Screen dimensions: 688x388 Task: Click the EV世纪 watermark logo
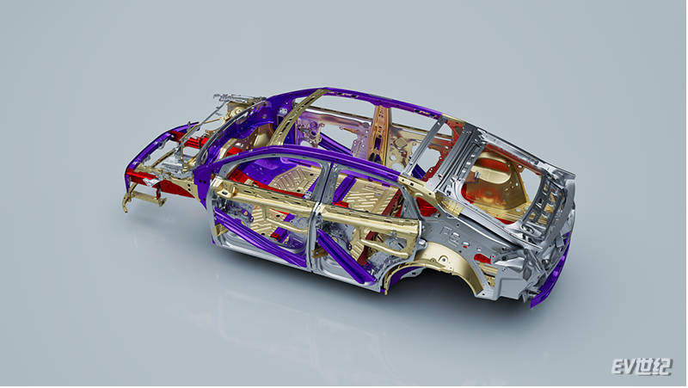click(642, 366)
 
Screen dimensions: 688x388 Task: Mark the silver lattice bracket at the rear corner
click(544, 203)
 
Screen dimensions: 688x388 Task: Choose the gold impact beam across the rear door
click(369, 223)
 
